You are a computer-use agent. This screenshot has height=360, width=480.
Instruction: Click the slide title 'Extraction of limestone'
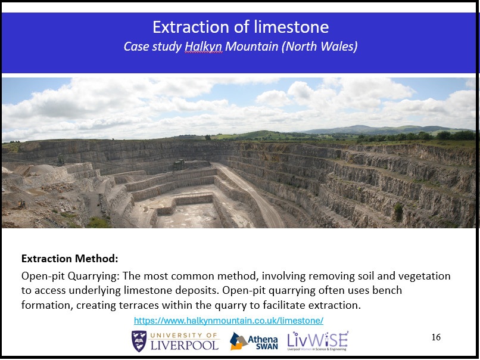tap(241, 27)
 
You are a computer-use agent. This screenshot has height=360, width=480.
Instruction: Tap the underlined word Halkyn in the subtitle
tap(204, 46)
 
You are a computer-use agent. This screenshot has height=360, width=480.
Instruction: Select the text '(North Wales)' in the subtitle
tap(319, 46)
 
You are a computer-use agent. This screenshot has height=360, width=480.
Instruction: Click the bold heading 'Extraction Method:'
tap(70, 259)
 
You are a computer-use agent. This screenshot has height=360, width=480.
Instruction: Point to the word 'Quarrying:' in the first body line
tap(93, 277)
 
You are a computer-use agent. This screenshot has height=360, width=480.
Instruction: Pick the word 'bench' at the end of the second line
tap(387, 290)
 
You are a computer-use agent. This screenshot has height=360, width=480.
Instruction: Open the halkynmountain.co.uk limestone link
tap(229, 321)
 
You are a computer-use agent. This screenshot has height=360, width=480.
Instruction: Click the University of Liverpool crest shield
tap(139, 341)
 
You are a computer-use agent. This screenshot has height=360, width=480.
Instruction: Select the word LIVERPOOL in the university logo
tap(185, 345)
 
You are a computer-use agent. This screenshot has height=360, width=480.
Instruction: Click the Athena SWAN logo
tap(254, 341)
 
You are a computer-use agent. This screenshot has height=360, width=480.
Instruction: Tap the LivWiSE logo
tap(318, 341)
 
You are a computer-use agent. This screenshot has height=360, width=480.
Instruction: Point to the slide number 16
tap(436, 337)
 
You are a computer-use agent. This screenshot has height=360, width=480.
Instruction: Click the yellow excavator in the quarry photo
tap(21, 204)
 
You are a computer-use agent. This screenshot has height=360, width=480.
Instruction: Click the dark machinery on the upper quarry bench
tap(179, 165)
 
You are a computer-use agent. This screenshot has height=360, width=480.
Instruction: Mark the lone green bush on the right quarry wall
tap(398, 212)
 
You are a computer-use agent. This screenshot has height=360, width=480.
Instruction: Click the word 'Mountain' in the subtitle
tap(252, 46)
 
